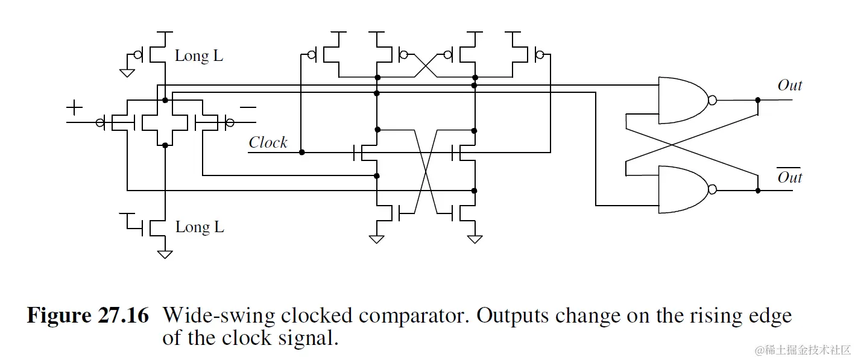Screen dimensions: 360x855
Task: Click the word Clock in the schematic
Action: (268, 143)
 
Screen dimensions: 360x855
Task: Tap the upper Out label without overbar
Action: (790, 86)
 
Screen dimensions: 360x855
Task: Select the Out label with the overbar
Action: (790, 177)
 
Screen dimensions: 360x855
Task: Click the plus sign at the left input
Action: (74, 108)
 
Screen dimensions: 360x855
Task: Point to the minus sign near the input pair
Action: (248, 107)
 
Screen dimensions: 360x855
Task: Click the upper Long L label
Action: (199, 57)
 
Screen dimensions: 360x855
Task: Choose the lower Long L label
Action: (200, 227)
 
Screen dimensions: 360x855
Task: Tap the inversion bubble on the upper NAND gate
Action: (713, 100)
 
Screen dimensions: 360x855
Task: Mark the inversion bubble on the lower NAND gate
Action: (713, 190)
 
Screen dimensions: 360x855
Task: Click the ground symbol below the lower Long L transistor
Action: (165, 254)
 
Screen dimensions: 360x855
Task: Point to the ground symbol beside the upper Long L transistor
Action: (127, 72)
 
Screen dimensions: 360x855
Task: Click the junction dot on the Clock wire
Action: (301, 152)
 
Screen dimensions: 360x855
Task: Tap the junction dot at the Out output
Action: (758, 100)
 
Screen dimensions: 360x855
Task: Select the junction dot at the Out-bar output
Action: (758, 190)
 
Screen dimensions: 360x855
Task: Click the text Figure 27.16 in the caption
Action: (87, 316)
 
